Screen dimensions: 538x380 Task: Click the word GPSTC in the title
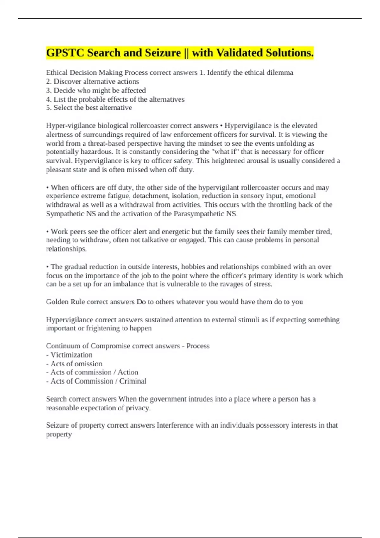[x=65, y=53]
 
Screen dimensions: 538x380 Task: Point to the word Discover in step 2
[x=66, y=81]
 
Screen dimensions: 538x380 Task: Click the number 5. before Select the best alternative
[x=48, y=108]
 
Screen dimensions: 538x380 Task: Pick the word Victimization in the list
[x=72, y=355]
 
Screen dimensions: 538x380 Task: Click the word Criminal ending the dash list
[x=133, y=381]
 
